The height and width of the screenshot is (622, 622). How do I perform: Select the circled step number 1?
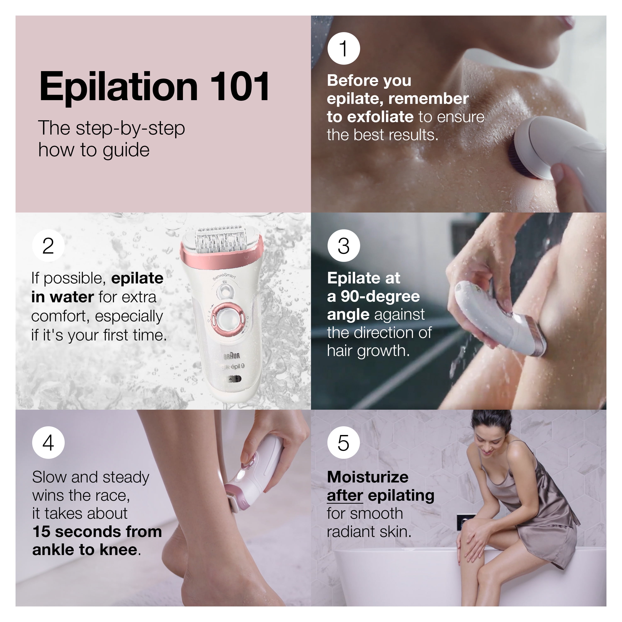[x=344, y=49]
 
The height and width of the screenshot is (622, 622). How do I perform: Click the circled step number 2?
[x=48, y=246]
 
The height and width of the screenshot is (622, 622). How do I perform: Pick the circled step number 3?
[x=344, y=246]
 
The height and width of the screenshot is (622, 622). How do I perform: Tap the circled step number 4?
[x=48, y=443]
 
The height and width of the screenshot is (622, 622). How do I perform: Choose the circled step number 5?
[x=344, y=443]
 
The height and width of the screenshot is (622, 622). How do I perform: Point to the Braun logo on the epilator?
[x=232, y=355]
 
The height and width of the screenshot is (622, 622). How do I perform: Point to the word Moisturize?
[x=367, y=477]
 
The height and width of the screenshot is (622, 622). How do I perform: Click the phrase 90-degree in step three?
[x=380, y=296]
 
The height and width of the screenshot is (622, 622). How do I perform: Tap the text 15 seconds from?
[x=97, y=532]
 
